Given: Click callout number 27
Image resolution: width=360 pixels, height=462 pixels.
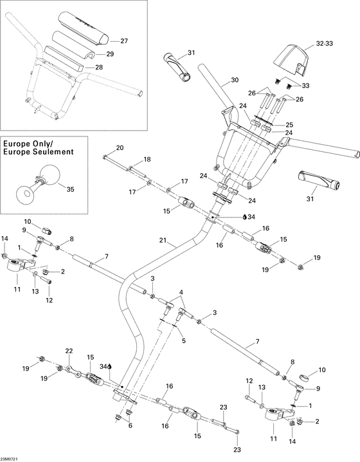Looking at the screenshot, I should pyautogui.click(x=124, y=41).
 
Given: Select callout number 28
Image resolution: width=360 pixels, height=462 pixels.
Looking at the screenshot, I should pyautogui.click(x=99, y=67).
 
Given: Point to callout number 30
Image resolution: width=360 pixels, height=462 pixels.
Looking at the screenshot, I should pyautogui.click(x=235, y=80).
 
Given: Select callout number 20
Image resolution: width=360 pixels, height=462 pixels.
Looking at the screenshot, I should pyautogui.click(x=120, y=147).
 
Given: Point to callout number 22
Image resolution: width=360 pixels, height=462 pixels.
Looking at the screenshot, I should pyautogui.click(x=69, y=351).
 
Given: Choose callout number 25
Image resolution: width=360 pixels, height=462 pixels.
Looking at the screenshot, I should pyautogui.click(x=289, y=124).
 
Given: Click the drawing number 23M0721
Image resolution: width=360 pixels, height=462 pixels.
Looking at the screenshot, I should pyautogui.click(x=12, y=457).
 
